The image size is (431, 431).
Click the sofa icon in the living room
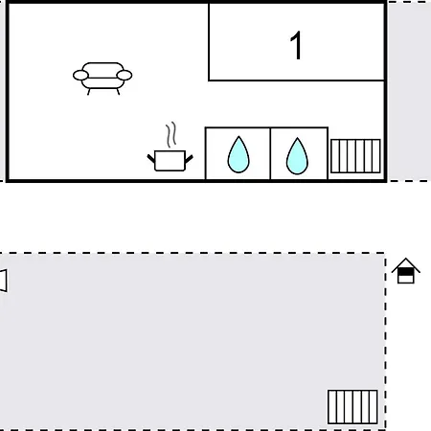[102, 79]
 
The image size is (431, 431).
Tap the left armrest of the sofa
[80, 76]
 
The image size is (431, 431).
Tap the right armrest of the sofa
[125, 76]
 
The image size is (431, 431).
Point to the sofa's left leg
[88, 92]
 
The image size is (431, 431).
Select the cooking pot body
[170, 161]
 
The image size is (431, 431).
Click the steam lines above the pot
[171, 134]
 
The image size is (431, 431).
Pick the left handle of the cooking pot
[150, 158]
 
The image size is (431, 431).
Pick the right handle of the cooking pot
[189, 158]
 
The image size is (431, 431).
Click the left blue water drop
[238, 154]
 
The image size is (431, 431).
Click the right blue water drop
[297, 156]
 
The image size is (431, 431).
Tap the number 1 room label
[297, 45]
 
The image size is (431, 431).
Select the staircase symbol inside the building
[355, 156]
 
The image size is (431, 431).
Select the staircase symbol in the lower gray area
[352, 407]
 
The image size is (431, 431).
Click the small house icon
[406, 271]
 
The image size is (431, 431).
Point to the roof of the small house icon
[406, 265]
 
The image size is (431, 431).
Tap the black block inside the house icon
[406, 272]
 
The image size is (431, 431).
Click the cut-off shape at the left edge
[3, 281]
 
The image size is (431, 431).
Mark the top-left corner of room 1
[209, 4]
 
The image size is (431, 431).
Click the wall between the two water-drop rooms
[270, 153]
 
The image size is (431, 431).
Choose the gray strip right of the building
[409, 91]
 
